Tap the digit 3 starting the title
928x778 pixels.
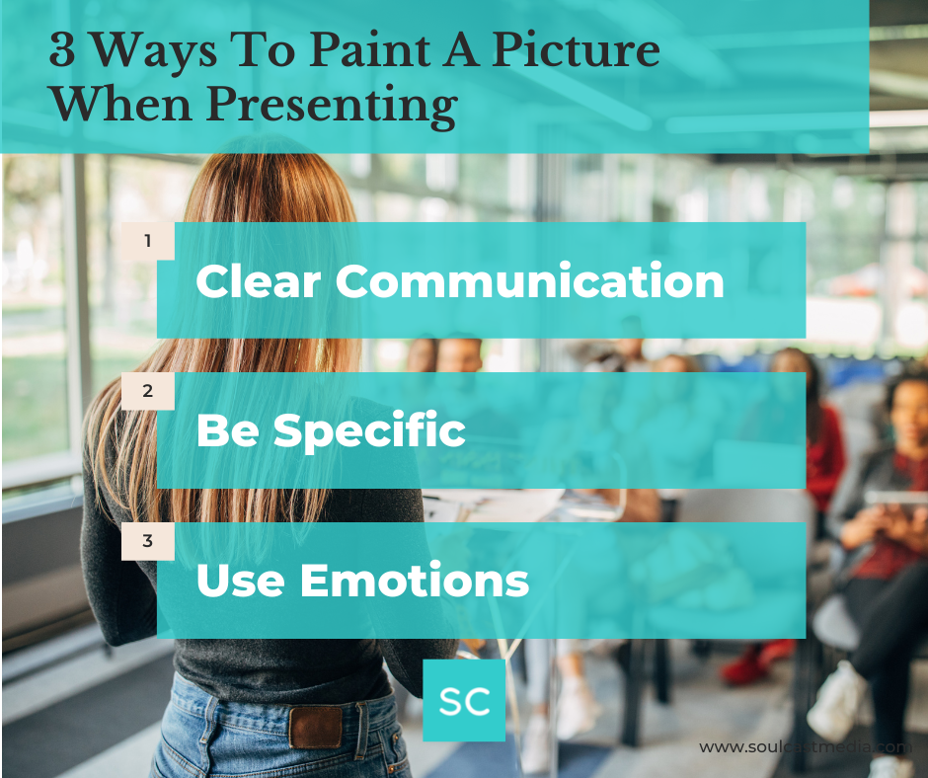(x=61, y=52)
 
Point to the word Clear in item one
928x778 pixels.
(x=259, y=281)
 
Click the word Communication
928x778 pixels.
(x=530, y=281)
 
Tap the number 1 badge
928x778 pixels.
(x=148, y=240)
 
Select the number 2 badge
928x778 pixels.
(x=148, y=390)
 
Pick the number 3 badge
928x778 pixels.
(x=148, y=540)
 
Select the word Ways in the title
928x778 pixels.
(x=146, y=52)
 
